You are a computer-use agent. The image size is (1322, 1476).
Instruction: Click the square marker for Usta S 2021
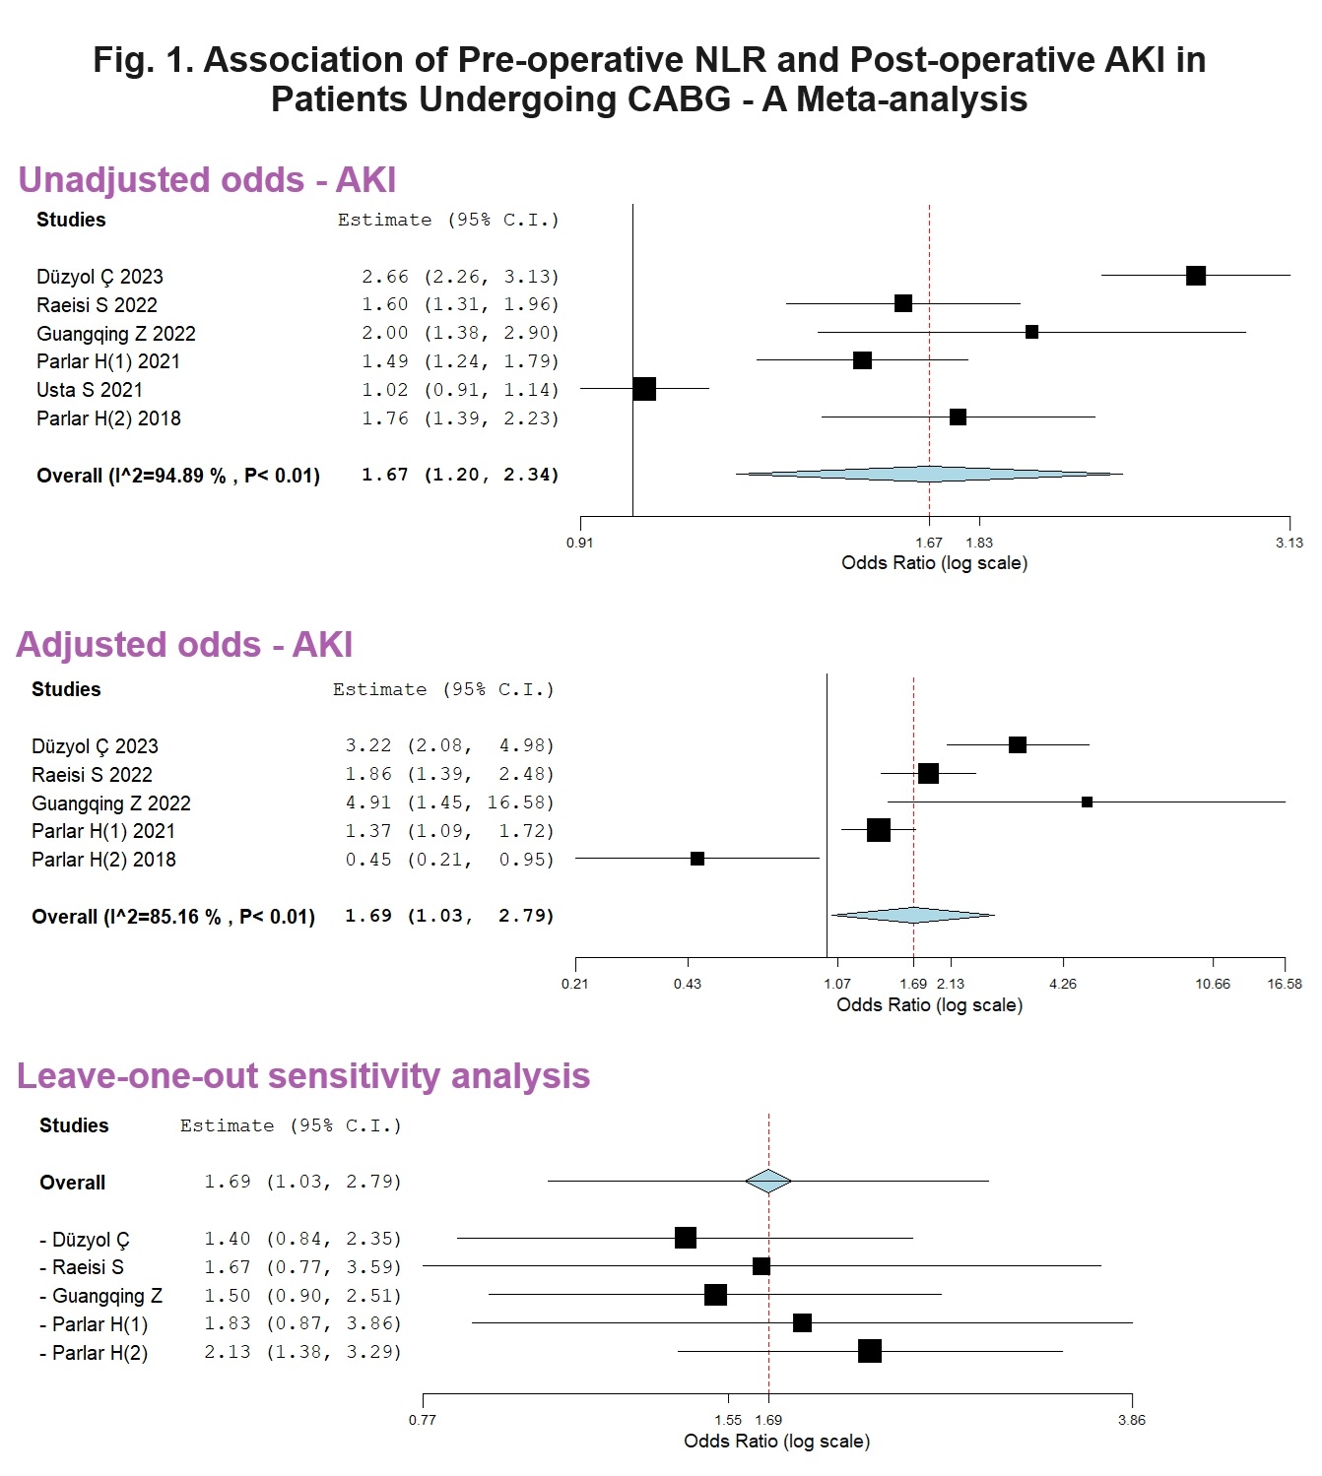pos(644,389)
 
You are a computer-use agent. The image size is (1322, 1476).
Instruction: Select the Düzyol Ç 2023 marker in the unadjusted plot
pos(1196,276)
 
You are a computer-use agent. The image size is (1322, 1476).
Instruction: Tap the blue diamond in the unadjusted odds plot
pos(929,474)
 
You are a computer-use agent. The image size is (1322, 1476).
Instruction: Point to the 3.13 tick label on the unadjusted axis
pos(1289,543)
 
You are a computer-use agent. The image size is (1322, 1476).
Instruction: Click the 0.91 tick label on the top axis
pos(580,543)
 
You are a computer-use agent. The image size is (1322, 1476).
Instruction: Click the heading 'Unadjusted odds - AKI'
pos(207,180)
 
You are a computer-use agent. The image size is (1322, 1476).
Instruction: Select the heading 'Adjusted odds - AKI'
pos(184,645)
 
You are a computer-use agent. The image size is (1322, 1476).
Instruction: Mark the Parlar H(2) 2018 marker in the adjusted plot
pos(697,859)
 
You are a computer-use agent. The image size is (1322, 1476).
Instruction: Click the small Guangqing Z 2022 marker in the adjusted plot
pos(1087,802)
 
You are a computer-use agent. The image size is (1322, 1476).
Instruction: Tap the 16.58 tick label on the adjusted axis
pos(1284,984)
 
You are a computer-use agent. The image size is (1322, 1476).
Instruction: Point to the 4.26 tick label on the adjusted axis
pos(1063,984)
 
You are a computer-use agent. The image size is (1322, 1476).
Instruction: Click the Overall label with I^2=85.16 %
pos(173,917)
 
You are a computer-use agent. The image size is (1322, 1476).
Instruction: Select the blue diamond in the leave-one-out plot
pos(768,1181)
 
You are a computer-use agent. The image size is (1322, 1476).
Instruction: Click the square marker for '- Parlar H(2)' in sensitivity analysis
pos(870,1351)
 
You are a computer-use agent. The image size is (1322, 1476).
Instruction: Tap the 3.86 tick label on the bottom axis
pos(1132,1420)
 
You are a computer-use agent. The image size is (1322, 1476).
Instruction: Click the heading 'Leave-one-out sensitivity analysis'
pos(303,1076)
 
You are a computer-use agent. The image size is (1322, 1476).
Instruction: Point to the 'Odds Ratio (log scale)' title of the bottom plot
pos(777,1442)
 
